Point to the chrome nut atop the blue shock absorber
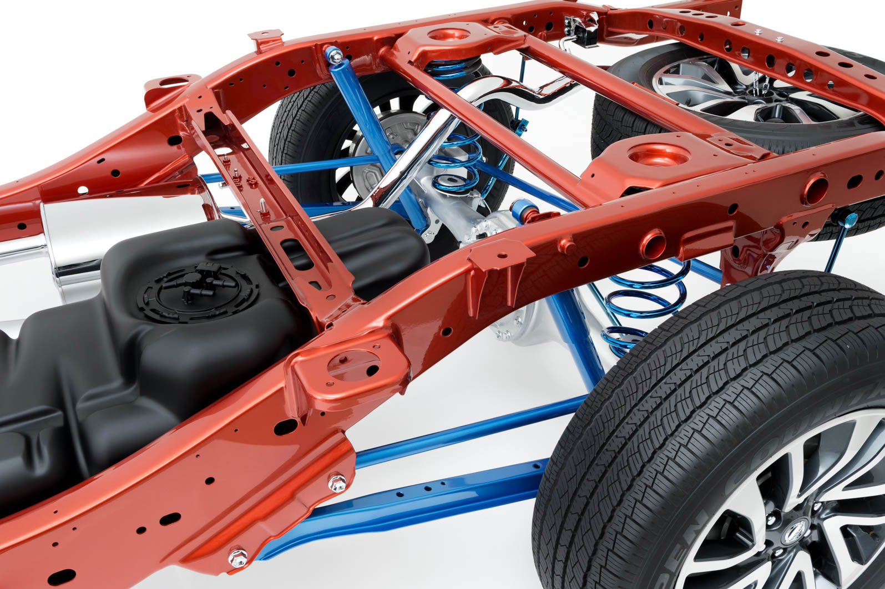click(x=335, y=54)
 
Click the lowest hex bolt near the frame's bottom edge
click(x=237, y=556)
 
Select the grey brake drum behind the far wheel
click(x=377, y=161)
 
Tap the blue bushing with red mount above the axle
click(x=530, y=214)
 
